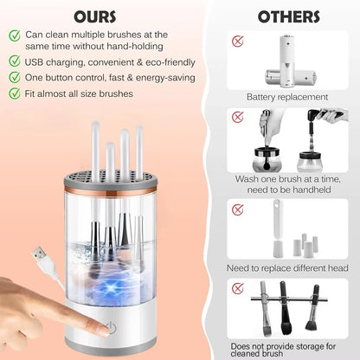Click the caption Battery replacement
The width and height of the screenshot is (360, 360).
click(287, 97)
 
